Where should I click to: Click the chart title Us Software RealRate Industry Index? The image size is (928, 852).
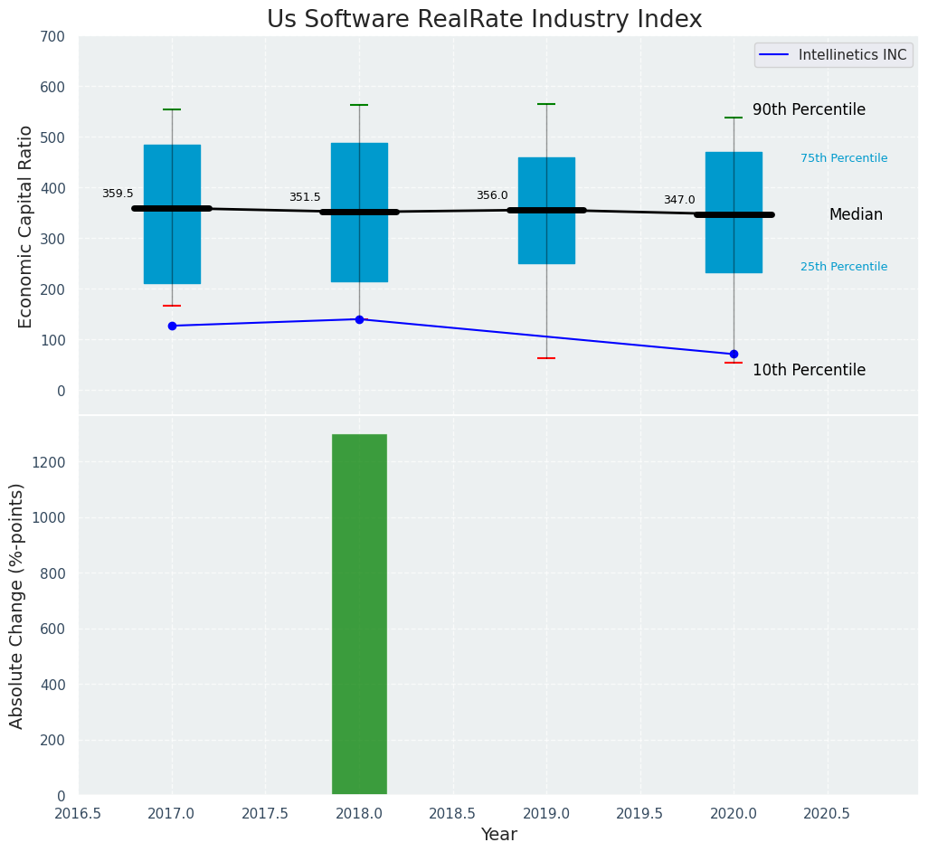point(484,20)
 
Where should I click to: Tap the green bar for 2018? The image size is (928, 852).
point(359,614)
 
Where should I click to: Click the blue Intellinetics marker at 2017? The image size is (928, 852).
point(172,326)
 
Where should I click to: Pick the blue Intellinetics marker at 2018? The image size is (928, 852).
point(359,319)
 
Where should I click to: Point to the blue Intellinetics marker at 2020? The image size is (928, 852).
point(734,354)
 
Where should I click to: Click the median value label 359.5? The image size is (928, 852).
point(118,194)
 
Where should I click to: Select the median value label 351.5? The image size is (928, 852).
point(305,197)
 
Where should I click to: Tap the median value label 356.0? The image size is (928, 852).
point(492,195)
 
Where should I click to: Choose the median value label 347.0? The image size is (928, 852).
point(679,200)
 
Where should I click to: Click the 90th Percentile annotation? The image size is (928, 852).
point(809,109)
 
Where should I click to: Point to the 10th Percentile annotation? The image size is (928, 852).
point(809,370)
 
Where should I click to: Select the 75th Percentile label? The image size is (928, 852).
point(844,158)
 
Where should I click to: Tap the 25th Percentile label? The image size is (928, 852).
point(844,267)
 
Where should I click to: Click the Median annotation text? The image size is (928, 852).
point(856,214)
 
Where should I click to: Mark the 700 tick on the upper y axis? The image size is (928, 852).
point(52,36)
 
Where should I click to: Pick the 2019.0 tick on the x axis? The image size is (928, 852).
point(546,813)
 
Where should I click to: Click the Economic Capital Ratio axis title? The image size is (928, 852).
point(25,226)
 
